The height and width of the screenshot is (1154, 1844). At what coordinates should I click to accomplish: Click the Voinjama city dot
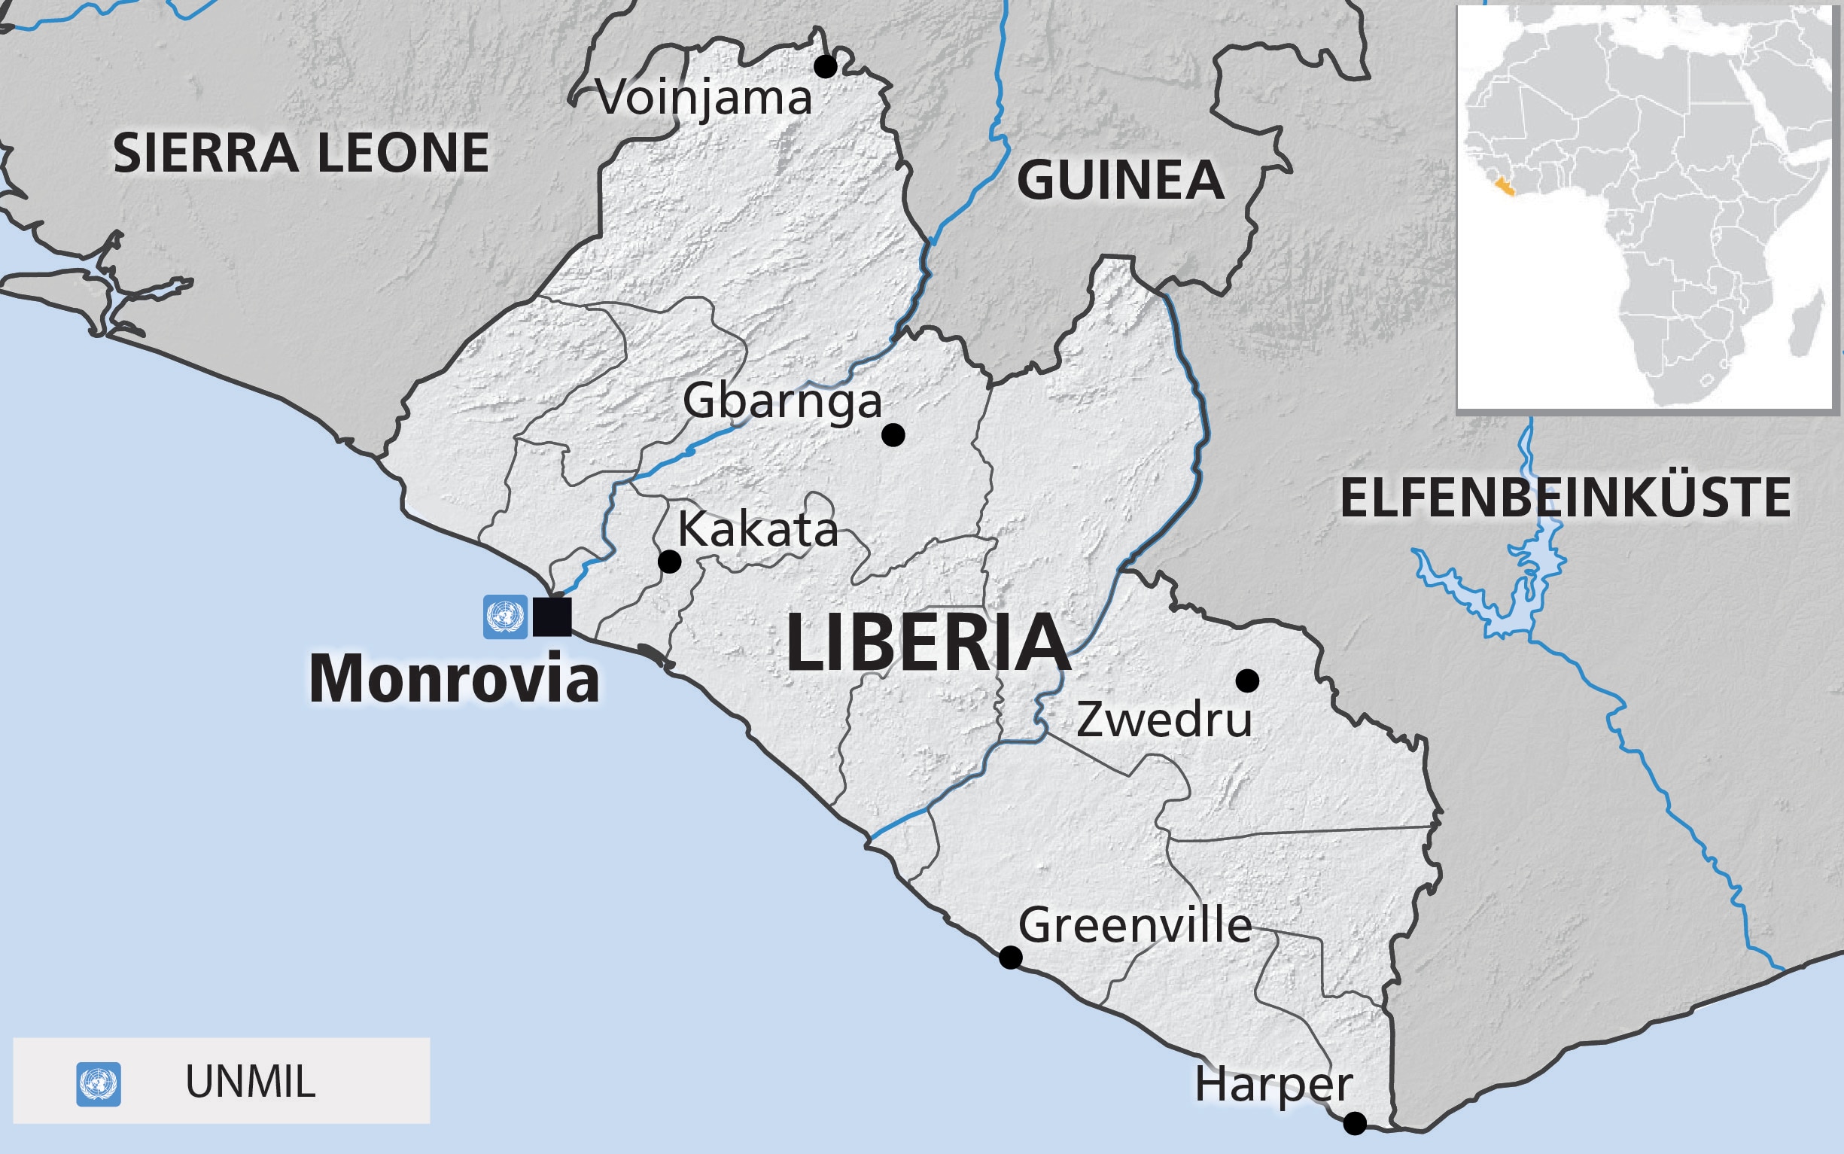[x=825, y=66]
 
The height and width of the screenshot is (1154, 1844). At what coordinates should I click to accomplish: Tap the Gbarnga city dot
[x=893, y=435]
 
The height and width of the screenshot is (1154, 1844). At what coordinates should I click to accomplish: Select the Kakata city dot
[x=669, y=562]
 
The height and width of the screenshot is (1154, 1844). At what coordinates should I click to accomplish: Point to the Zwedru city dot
[x=1247, y=680]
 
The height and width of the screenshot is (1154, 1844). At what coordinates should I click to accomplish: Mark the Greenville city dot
[x=1010, y=957]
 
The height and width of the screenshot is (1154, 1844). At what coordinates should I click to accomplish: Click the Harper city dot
[x=1355, y=1123]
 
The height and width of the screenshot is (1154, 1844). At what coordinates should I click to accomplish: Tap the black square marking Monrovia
[x=552, y=617]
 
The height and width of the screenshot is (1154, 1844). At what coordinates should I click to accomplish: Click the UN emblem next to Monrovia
[x=505, y=617]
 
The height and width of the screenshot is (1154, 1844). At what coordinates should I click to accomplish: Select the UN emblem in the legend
[x=99, y=1084]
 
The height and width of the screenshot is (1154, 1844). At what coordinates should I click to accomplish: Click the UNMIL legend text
[x=250, y=1082]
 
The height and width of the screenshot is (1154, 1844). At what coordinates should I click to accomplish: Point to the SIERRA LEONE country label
[x=300, y=153]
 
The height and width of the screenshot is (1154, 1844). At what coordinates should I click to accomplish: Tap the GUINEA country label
[x=1120, y=181]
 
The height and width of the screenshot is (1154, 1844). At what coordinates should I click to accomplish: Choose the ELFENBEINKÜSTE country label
[x=1565, y=498]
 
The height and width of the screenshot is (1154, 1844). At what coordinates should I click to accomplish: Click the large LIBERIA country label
[x=928, y=644]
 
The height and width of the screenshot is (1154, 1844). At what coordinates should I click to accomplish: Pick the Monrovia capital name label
[x=454, y=679]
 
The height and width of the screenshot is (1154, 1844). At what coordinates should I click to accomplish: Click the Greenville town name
[x=1135, y=926]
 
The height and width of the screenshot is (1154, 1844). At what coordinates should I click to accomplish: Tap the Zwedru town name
[x=1164, y=720]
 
